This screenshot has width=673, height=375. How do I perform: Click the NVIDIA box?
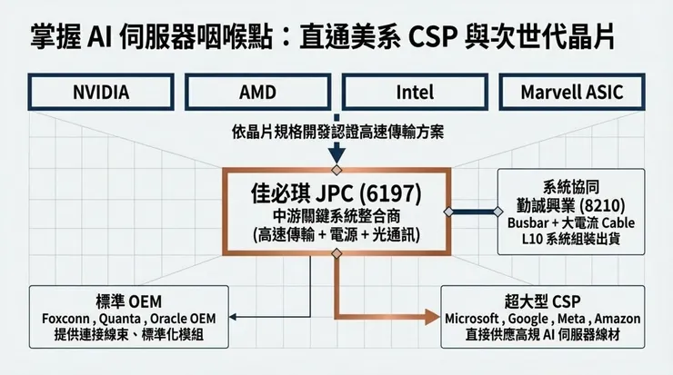100,93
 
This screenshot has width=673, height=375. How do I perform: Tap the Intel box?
415,93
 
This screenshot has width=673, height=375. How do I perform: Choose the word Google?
535,319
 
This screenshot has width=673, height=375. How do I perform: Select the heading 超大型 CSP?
543,301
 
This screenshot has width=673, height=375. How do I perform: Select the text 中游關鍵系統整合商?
336,215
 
